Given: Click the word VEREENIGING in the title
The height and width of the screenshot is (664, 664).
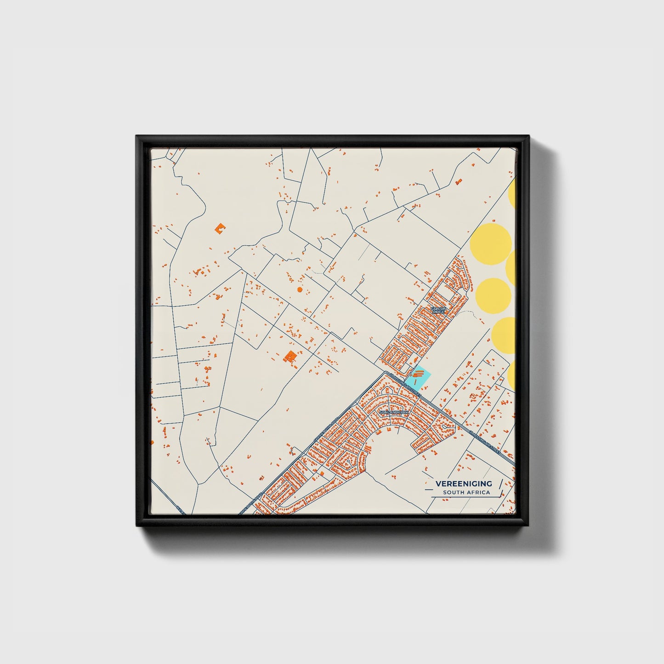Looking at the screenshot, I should [463, 483].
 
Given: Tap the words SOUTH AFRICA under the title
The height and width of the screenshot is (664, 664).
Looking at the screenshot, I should [466, 493].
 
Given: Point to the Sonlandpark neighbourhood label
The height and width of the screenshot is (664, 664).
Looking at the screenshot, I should [393, 413].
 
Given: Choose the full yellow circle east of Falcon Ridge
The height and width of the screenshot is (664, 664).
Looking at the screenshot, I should [493, 295].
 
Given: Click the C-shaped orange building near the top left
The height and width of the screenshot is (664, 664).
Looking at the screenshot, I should [221, 228].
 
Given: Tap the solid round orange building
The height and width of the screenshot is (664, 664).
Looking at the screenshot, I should [300, 289].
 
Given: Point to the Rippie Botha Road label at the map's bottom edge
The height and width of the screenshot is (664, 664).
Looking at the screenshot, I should [250, 504].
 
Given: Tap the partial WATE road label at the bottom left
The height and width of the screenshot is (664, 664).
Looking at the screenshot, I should [180, 510].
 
